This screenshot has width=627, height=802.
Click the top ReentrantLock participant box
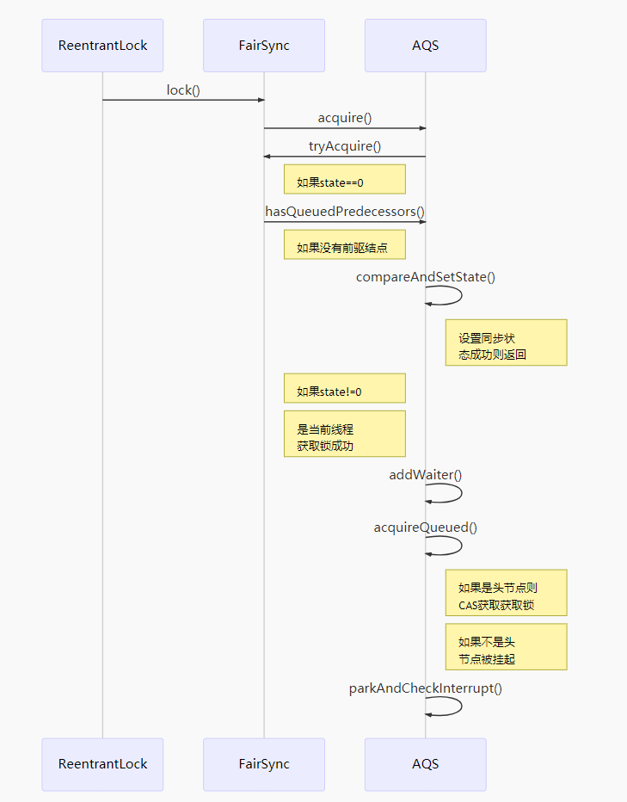(102, 46)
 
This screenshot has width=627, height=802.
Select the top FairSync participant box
(264, 46)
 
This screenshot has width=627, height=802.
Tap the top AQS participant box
(425, 46)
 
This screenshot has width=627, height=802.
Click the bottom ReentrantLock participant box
(102, 764)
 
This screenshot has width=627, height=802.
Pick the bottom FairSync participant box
(264, 764)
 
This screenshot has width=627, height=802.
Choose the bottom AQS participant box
(425, 764)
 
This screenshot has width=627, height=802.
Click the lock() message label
(183, 89)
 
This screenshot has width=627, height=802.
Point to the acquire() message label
(345, 118)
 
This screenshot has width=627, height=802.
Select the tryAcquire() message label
(345, 146)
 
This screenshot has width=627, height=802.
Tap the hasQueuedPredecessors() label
(345, 211)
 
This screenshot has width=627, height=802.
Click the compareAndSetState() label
(426, 276)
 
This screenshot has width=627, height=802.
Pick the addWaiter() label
(426, 474)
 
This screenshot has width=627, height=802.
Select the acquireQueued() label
(426, 527)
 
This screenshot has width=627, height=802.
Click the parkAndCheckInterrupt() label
(426, 688)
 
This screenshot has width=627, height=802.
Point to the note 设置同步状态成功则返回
(506, 342)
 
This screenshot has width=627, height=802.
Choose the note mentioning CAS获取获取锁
(506, 593)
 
